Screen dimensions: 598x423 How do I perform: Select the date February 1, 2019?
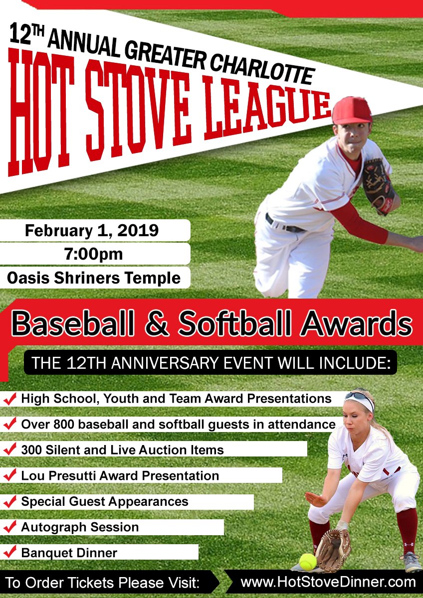pyautogui.click(x=92, y=231)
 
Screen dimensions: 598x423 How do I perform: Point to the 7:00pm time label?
pyautogui.click(x=93, y=254)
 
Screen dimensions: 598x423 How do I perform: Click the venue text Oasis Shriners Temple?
pyautogui.click(x=94, y=278)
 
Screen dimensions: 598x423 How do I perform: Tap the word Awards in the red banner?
pyautogui.click(x=356, y=324)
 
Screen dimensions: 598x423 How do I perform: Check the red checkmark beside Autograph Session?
pyautogui.click(x=9, y=527)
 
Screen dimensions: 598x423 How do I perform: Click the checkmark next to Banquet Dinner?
pyautogui.click(x=9, y=552)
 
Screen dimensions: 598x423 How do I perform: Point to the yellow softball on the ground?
pyautogui.click(x=307, y=562)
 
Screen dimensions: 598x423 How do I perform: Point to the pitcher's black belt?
pyautogui.click(x=284, y=224)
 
